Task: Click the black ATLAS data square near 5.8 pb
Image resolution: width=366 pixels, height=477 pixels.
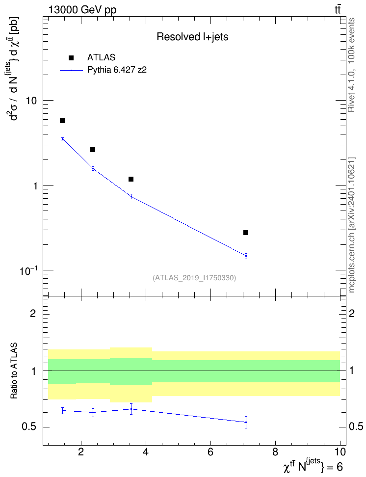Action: point(62,121)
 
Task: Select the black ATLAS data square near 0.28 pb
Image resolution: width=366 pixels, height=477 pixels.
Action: point(246,233)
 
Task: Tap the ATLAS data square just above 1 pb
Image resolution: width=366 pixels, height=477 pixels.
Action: point(131,179)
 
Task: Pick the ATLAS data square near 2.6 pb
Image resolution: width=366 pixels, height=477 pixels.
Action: point(93,150)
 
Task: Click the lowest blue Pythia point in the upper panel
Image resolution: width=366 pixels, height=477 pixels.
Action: point(246,256)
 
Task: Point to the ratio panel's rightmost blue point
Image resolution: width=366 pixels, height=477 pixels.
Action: point(246,422)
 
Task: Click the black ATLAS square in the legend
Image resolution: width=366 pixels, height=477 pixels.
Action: point(71,58)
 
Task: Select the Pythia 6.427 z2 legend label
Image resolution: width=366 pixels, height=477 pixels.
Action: point(117,70)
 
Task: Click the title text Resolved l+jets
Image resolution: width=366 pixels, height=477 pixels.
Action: point(193,37)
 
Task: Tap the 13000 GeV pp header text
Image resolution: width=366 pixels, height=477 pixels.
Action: point(82,10)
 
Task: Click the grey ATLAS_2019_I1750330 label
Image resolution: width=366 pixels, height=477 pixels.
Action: point(194,278)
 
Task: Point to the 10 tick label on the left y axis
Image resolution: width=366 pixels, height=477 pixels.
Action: point(31,101)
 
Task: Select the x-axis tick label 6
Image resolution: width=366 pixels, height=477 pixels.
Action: point(210,452)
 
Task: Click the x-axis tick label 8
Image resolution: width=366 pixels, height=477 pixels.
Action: point(275,452)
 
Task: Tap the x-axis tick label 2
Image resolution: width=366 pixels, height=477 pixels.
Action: point(81,452)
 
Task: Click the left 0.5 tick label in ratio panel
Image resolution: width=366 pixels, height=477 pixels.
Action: point(29,427)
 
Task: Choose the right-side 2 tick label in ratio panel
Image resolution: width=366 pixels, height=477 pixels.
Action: point(352,313)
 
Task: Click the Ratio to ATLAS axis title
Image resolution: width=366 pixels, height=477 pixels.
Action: point(14,371)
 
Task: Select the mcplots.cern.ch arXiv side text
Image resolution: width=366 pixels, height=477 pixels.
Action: point(352,225)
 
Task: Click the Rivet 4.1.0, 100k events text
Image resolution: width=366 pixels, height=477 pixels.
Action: point(351,65)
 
